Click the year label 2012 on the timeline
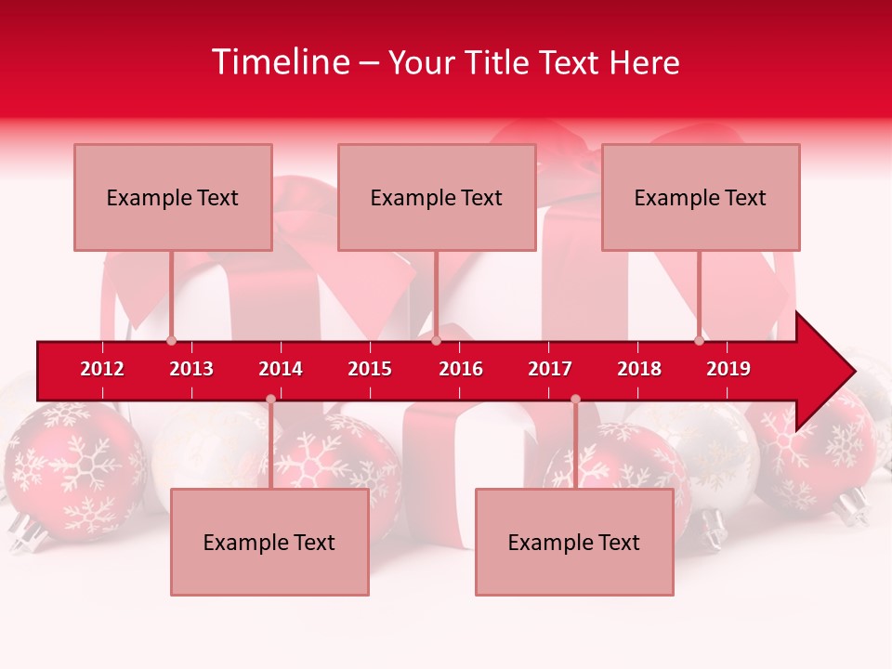[x=102, y=369]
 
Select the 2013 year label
[x=191, y=369]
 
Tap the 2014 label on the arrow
[x=281, y=369]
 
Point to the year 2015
[x=370, y=369]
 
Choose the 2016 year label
[x=461, y=369]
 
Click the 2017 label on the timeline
[x=550, y=369]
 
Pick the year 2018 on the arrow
[x=639, y=369]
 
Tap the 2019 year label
[x=728, y=369]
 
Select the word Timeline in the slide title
[x=280, y=62]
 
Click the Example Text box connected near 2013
[x=173, y=197]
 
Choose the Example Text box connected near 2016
[x=437, y=197]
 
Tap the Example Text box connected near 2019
[x=701, y=197]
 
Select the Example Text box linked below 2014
[x=269, y=542]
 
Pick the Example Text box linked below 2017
[x=574, y=542]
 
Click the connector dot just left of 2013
[x=171, y=341]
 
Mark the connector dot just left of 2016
[x=436, y=341]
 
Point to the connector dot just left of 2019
[x=699, y=341]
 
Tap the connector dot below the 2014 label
[x=270, y=400]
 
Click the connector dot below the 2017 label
[x=575, y=400]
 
